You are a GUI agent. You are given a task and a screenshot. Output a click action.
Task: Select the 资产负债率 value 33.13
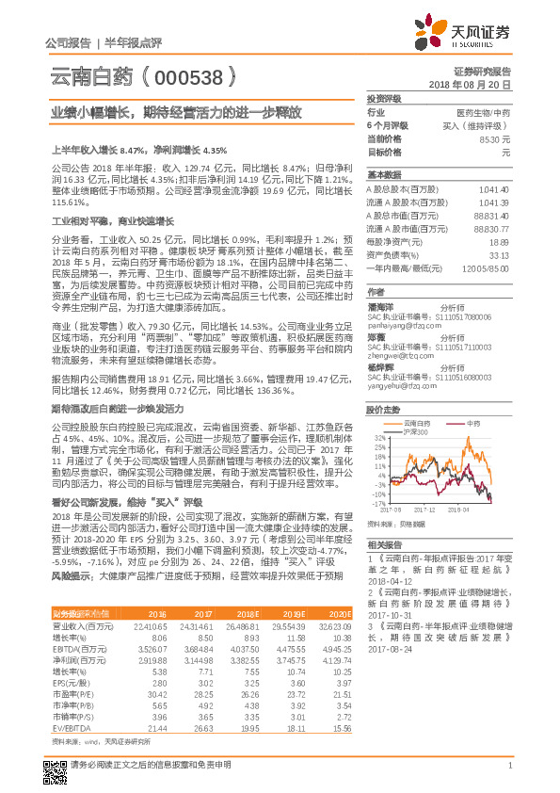click(x=499, y=254)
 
